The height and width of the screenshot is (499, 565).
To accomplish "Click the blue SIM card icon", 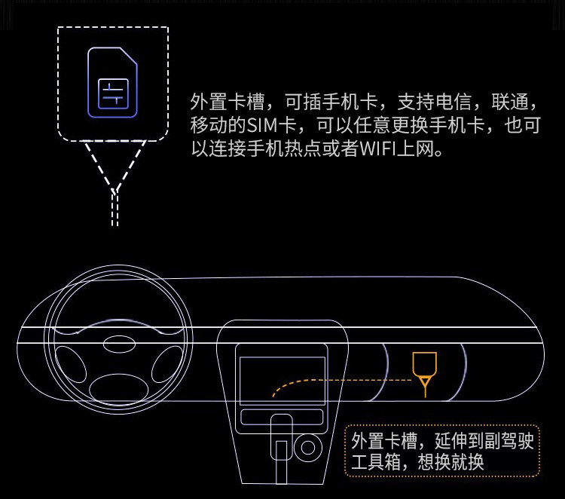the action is click(112, 82).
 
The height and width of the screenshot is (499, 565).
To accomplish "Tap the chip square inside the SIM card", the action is click(113, 93).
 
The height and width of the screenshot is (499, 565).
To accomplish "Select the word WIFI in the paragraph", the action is click(377, 148).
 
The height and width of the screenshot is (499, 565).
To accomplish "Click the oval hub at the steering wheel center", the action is click(119, 343).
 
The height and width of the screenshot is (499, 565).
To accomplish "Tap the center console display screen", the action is click(282, 381).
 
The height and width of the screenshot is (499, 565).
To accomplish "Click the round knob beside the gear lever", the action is click(307, 448).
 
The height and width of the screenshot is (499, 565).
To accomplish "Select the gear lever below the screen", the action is click(282, 447).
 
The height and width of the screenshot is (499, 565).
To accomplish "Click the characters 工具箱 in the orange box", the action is click(376, 462).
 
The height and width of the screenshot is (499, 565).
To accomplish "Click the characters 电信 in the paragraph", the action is click(454, 102).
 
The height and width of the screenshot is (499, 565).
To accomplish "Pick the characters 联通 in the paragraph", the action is click(510, 102).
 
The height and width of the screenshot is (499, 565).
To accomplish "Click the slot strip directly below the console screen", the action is click(282, 417).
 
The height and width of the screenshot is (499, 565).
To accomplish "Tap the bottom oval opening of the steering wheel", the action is click(119, 390).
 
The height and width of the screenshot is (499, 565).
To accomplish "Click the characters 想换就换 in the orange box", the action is click(450, 462).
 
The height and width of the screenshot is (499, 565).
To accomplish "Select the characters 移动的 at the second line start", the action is click(218, 125).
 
